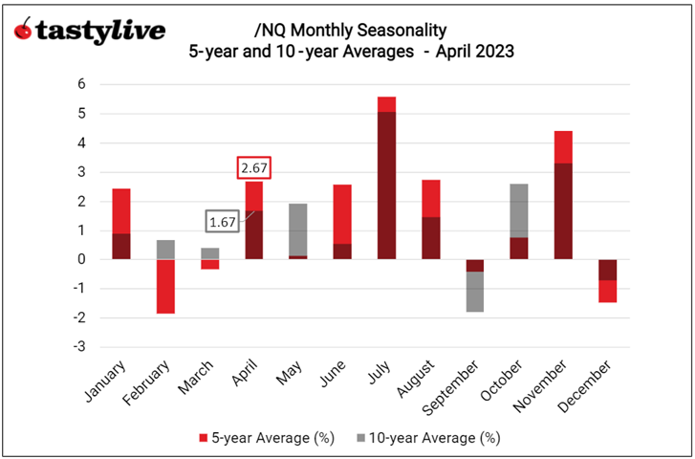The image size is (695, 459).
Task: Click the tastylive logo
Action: click(89, 31)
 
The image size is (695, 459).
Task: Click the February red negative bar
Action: click(166, 286)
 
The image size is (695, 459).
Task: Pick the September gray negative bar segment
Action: click(474, 292)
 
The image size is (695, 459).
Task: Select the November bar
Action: click(562, 195)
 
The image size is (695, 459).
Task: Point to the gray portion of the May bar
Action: click(298, 229)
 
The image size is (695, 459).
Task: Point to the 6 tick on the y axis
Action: click(82, 84)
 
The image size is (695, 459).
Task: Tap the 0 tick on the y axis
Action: click(82, 259)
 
